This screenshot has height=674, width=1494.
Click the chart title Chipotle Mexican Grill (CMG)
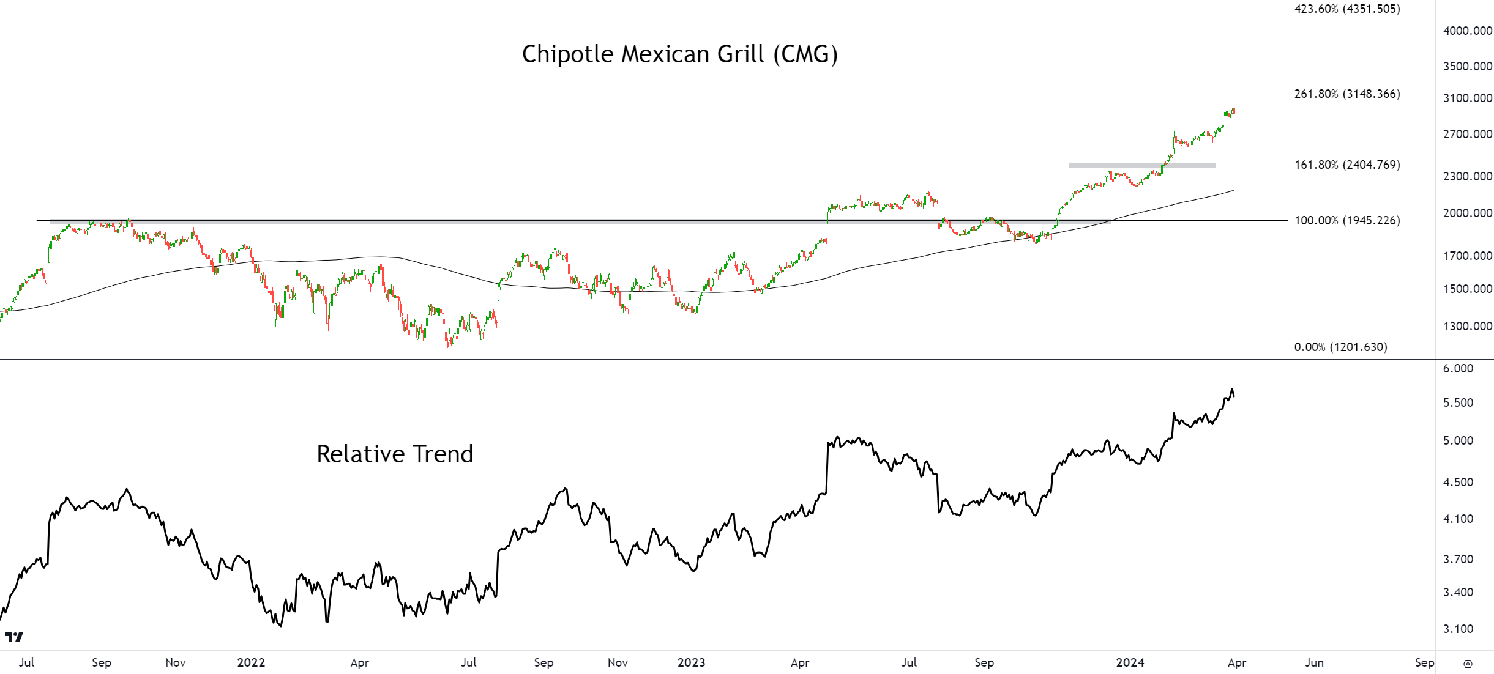coord(679,54)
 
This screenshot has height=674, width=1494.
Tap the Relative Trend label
coord(395,454)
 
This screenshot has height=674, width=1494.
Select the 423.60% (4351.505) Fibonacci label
coord(1346,9)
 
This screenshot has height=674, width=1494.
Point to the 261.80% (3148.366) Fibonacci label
coord(1346,94)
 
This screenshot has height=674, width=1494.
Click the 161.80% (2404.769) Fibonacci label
coord(1346,165)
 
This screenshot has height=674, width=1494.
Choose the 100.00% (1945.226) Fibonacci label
coord(1346,220)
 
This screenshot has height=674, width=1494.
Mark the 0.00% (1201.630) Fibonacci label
coord(1340,347)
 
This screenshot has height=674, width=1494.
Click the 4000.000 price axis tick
coord(1467,31)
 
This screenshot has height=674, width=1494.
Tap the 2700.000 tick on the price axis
coord(1467,134)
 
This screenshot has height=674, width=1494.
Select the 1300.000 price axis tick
coord(1467,326)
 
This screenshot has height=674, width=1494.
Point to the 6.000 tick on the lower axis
coord(1458,368)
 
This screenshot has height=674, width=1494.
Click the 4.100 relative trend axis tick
coord(1458,519)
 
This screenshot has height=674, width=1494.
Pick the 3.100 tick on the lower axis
coord(1458,629)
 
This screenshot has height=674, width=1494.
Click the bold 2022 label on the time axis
coord(251,662)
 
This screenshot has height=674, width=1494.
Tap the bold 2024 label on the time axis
coord(1130,662)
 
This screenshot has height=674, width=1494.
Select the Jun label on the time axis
coord(1314,662)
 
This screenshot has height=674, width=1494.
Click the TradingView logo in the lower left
coord(14,637)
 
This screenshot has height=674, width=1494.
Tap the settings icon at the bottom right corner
coord(1468,664)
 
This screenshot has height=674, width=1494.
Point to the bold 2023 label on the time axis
coord(691,662)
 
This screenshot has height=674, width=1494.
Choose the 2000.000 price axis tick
coord(1467,213)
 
